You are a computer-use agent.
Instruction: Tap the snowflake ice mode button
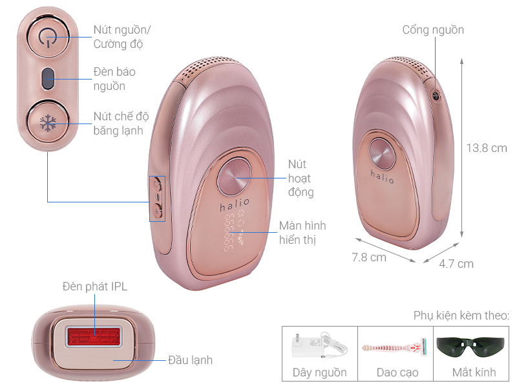48,123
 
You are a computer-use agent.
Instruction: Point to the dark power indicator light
48,80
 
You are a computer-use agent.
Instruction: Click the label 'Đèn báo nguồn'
114,79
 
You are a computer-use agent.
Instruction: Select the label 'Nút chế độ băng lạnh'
121,123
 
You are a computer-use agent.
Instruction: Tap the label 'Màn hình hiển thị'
302,232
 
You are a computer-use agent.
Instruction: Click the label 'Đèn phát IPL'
95,286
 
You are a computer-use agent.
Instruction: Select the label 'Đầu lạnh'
190,360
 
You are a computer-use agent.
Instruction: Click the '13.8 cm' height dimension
487,148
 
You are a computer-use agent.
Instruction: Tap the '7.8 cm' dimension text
369,257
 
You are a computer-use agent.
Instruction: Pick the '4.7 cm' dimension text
456,264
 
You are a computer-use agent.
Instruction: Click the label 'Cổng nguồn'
433,30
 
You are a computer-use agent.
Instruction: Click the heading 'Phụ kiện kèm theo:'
461,316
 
